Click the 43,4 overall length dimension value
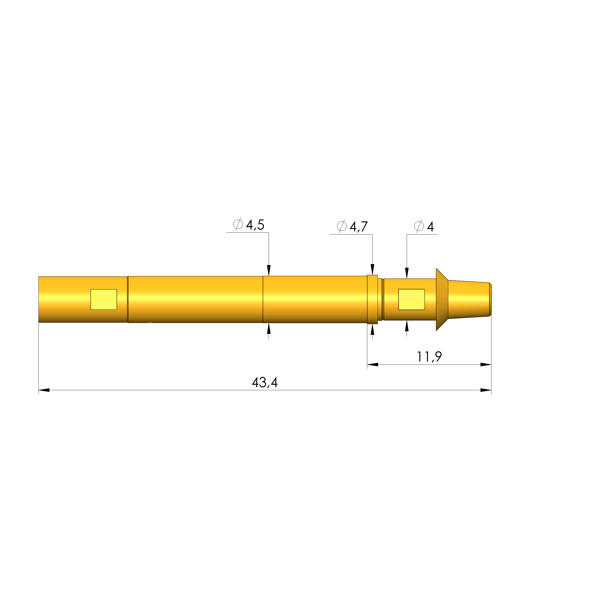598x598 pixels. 265,383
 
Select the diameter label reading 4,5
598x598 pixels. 255,225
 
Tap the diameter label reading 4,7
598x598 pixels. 358,227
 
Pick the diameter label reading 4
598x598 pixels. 430,227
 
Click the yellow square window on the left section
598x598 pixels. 104,299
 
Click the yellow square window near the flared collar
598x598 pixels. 411,299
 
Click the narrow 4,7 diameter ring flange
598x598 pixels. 372,299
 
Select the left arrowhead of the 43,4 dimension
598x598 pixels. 44,390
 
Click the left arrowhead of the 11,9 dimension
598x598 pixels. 373,365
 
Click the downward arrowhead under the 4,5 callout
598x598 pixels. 269,270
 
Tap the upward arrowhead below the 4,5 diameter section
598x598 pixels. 269,329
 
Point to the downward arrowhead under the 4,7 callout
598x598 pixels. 372,269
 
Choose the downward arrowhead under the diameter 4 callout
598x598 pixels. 407,273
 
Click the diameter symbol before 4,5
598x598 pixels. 238,224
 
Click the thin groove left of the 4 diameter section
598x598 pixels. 383,299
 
